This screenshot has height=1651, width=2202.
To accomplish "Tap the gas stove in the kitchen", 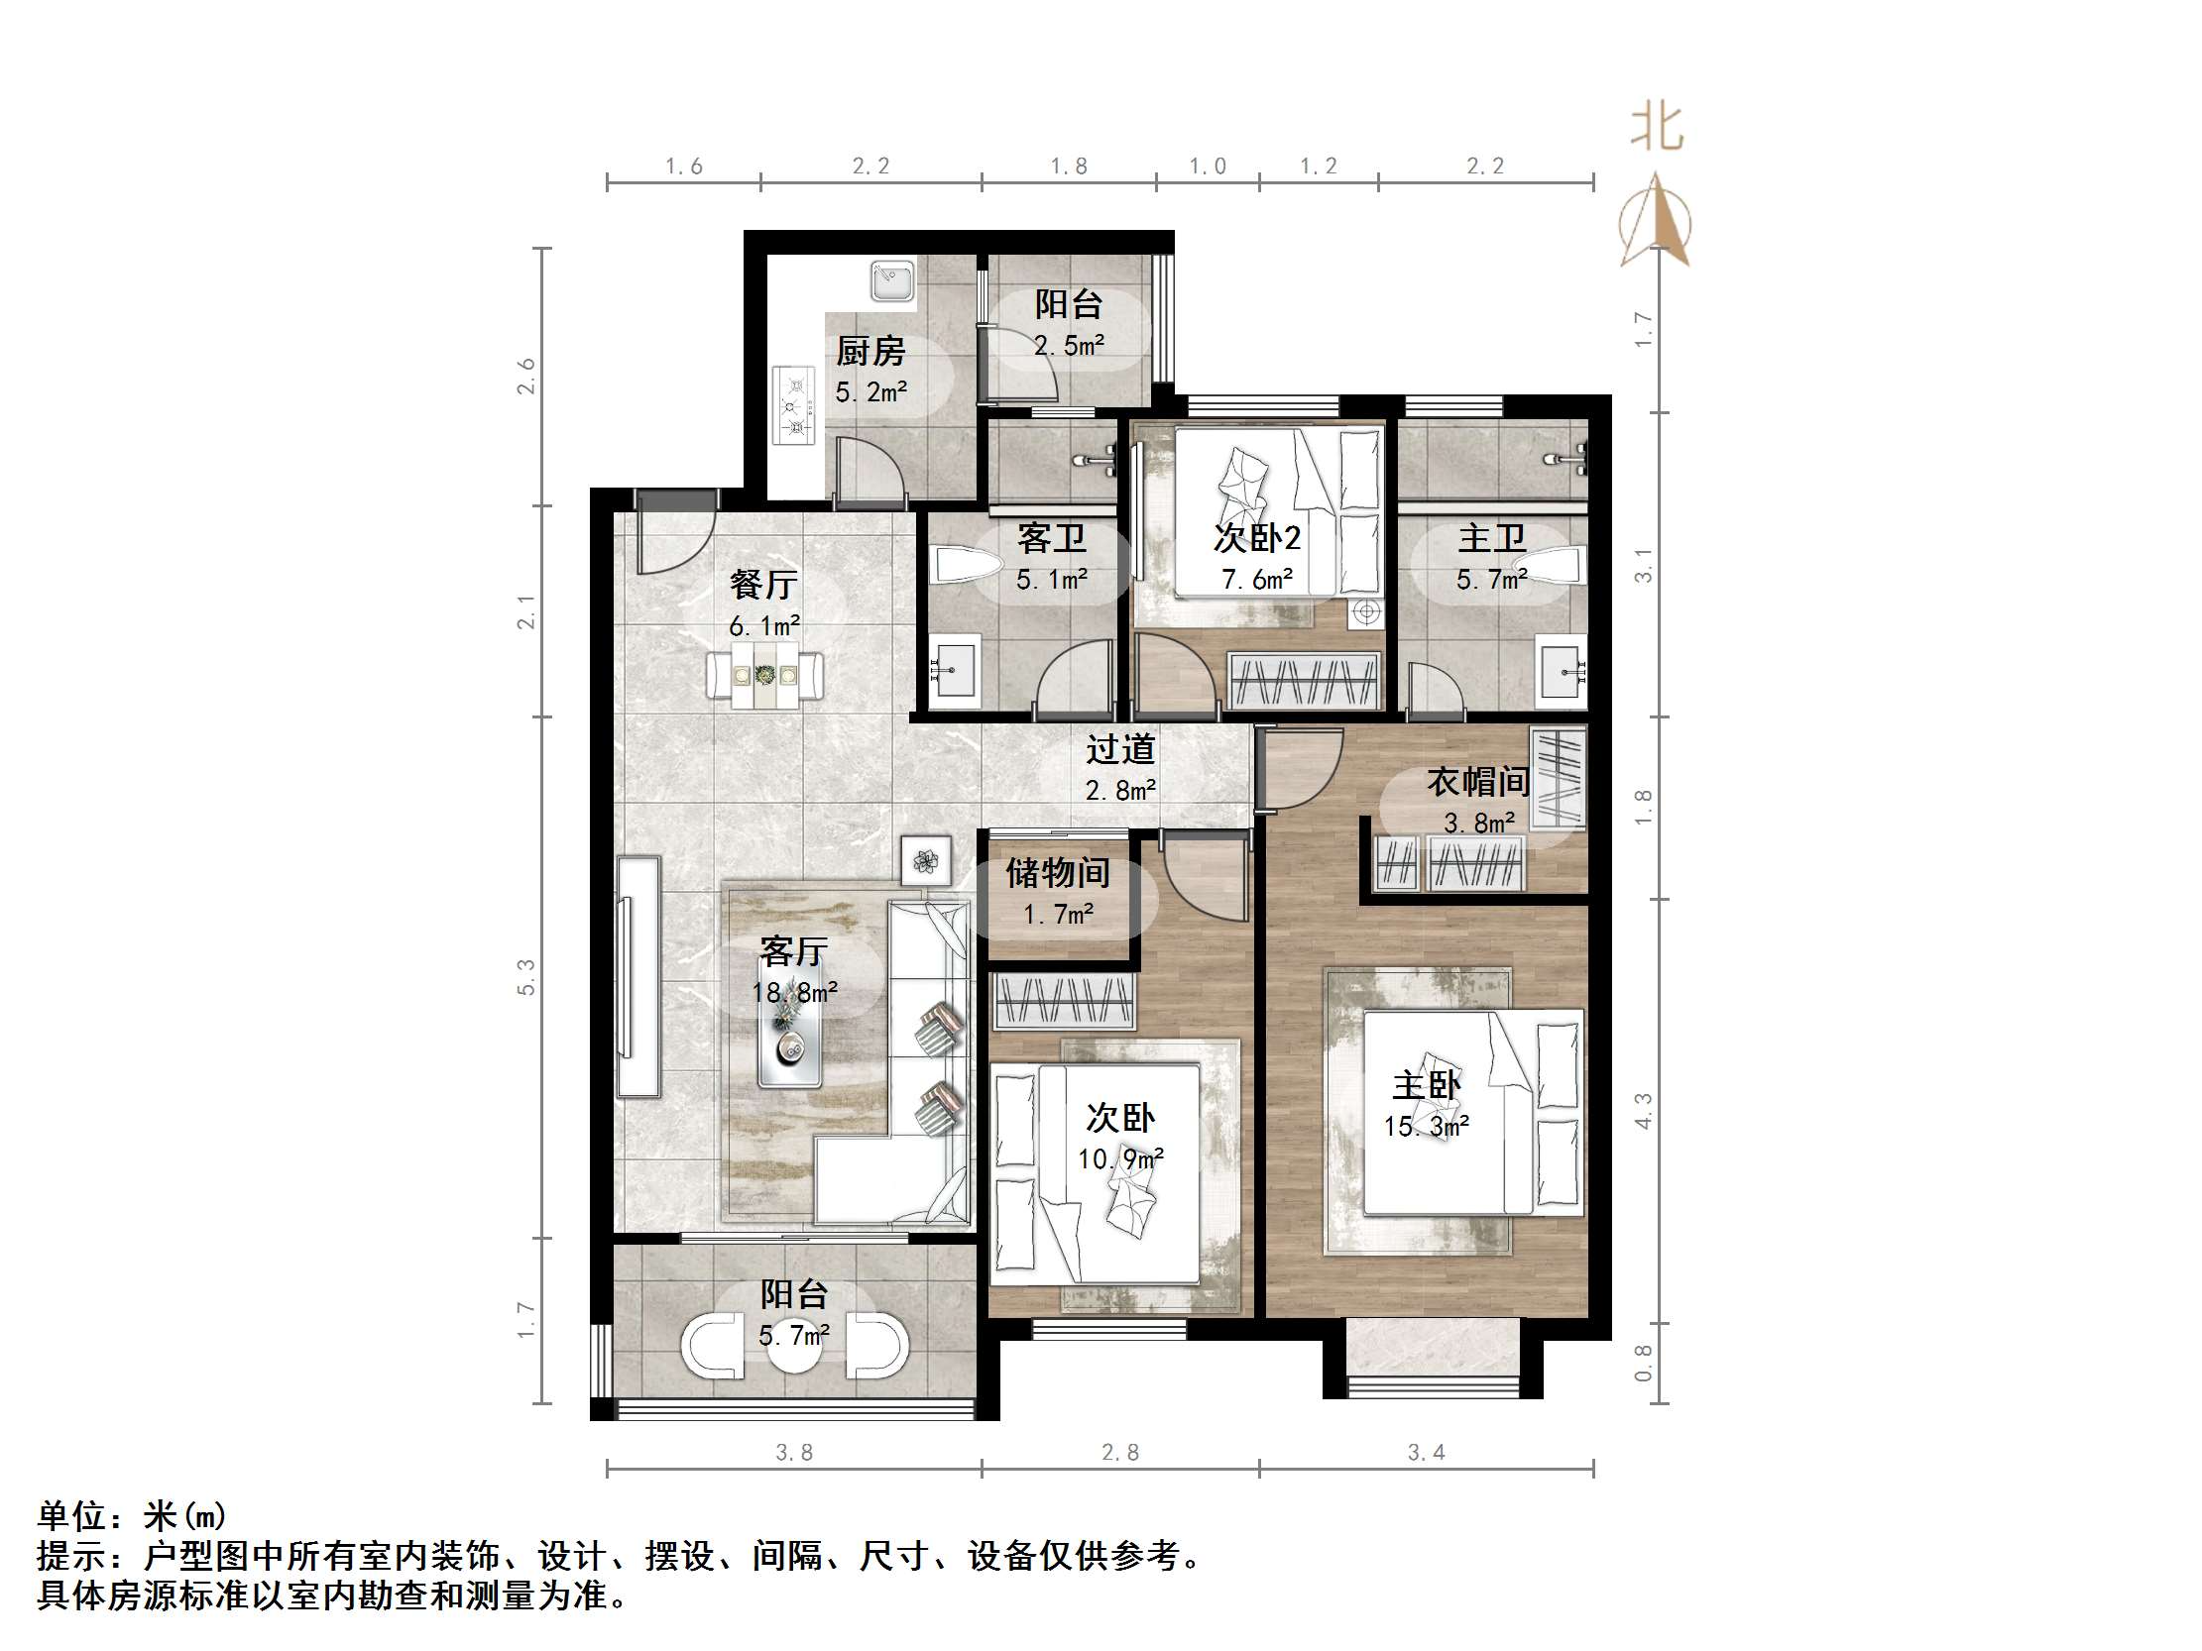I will point(794,405).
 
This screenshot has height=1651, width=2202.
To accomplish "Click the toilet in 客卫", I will point(967,567).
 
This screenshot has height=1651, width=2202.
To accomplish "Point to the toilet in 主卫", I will point(1554,567).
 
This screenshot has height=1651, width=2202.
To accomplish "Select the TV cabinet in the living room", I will point(638,976).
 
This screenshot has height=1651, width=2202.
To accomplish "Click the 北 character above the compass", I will point(1657,129).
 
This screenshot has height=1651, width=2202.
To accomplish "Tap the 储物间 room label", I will point(1057,873).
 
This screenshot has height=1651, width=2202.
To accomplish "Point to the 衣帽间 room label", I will point(1478,781).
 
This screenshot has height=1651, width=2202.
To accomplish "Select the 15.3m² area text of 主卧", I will point(1426,1127).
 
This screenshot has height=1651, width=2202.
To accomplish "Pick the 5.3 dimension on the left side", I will point(525,976).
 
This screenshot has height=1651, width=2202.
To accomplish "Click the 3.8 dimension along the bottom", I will point(793,1452).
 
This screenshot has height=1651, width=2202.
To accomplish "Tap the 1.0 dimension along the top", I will point(1207,166).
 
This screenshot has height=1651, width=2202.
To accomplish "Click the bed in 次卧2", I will point(1279,511).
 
